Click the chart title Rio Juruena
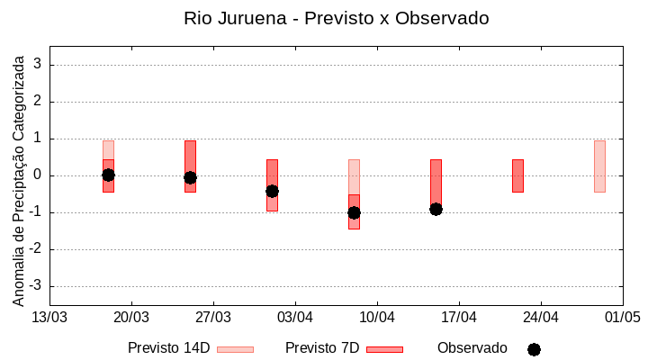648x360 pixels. pos(337,18)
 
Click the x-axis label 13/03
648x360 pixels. pos(49,317)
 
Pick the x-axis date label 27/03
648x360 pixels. pos(213,317)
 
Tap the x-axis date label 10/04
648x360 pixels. pos(377,317)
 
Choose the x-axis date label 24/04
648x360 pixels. pos(541,317)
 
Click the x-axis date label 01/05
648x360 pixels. pos(622,317)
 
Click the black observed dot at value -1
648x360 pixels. pos(354,212)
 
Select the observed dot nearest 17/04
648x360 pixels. pos(436,209)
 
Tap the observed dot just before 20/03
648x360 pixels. pos(108,175)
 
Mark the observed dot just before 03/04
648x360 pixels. pos(272,191)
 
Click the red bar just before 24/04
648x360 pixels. pos(517,175)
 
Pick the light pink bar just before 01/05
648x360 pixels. pos(599,166)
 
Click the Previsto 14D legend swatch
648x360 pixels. pos(235,349)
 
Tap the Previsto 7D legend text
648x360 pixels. pos(322,348)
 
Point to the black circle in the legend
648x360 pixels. pos(534,349)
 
